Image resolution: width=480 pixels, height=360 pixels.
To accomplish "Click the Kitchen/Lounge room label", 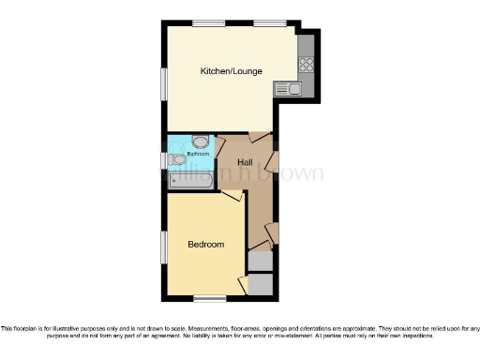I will pos(231,71).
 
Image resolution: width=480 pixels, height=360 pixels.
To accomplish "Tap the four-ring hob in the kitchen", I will pos(305,66).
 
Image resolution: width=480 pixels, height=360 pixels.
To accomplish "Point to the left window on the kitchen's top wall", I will pos(208,23).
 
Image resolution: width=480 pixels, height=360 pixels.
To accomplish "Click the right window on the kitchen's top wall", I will pos(270,23).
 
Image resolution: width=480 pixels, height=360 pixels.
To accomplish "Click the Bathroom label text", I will pos(197,153).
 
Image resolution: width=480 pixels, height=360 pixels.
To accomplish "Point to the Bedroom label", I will pos(206,245).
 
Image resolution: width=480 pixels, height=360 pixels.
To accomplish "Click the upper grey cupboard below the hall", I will pos(261,262).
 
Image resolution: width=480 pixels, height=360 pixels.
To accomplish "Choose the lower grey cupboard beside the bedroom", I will pos(261,285).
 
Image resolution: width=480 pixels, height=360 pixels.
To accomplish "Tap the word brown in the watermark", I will pos(297,173).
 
